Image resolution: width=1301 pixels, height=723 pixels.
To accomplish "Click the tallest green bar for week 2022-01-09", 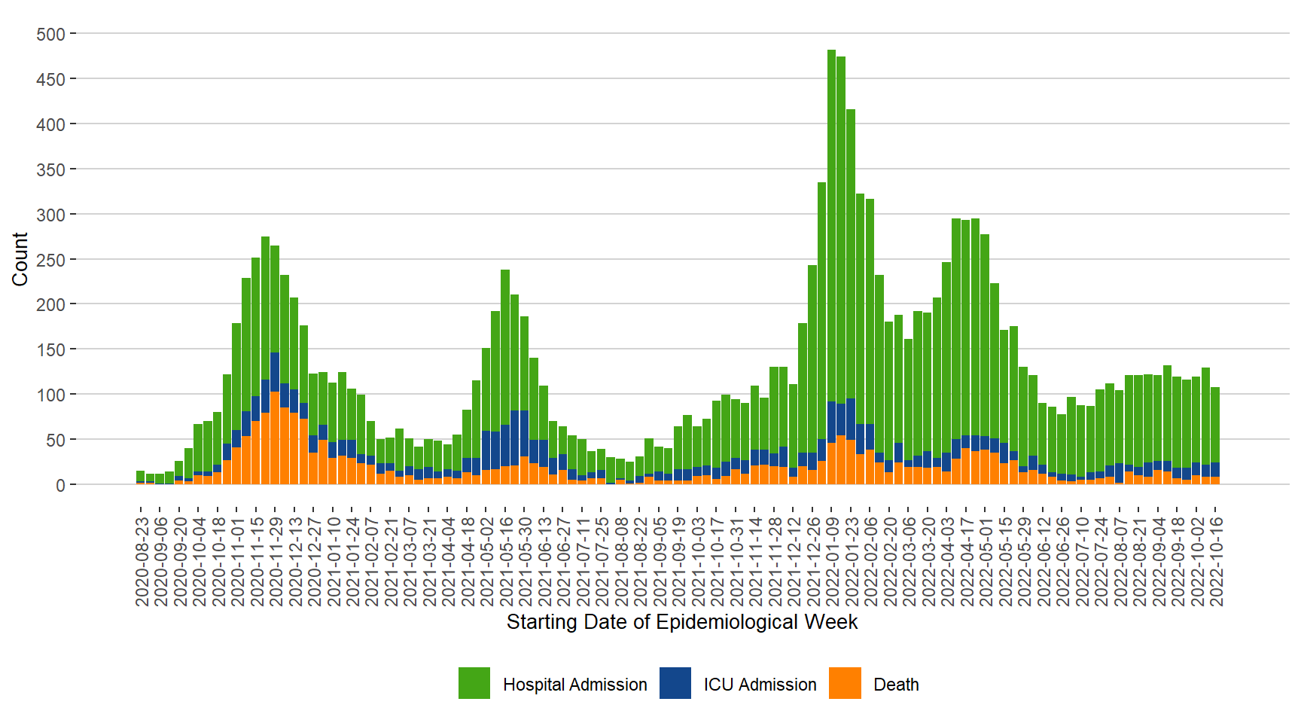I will (831, 226).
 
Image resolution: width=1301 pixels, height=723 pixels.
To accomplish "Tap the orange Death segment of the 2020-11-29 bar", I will (275, 437).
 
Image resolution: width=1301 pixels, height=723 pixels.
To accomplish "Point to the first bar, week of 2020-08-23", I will (141, 477).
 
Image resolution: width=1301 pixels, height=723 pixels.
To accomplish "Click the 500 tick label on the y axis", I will (50, 35).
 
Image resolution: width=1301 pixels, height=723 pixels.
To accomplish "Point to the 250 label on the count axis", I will (50, 260).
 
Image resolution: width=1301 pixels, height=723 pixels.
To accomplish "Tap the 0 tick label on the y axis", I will (60, 485).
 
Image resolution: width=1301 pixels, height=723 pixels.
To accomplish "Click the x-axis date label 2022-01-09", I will (832, 561).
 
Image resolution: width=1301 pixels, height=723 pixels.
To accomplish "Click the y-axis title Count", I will (20, 259).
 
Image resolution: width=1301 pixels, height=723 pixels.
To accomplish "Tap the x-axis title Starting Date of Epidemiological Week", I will (681, 622).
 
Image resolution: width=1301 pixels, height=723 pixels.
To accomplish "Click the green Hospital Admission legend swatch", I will (474, 683).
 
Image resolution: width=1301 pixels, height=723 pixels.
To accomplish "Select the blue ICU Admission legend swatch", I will (675, 683).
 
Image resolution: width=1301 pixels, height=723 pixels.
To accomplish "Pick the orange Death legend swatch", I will (845, 683).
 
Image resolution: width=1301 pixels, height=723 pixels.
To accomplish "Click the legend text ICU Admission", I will (760, 685).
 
